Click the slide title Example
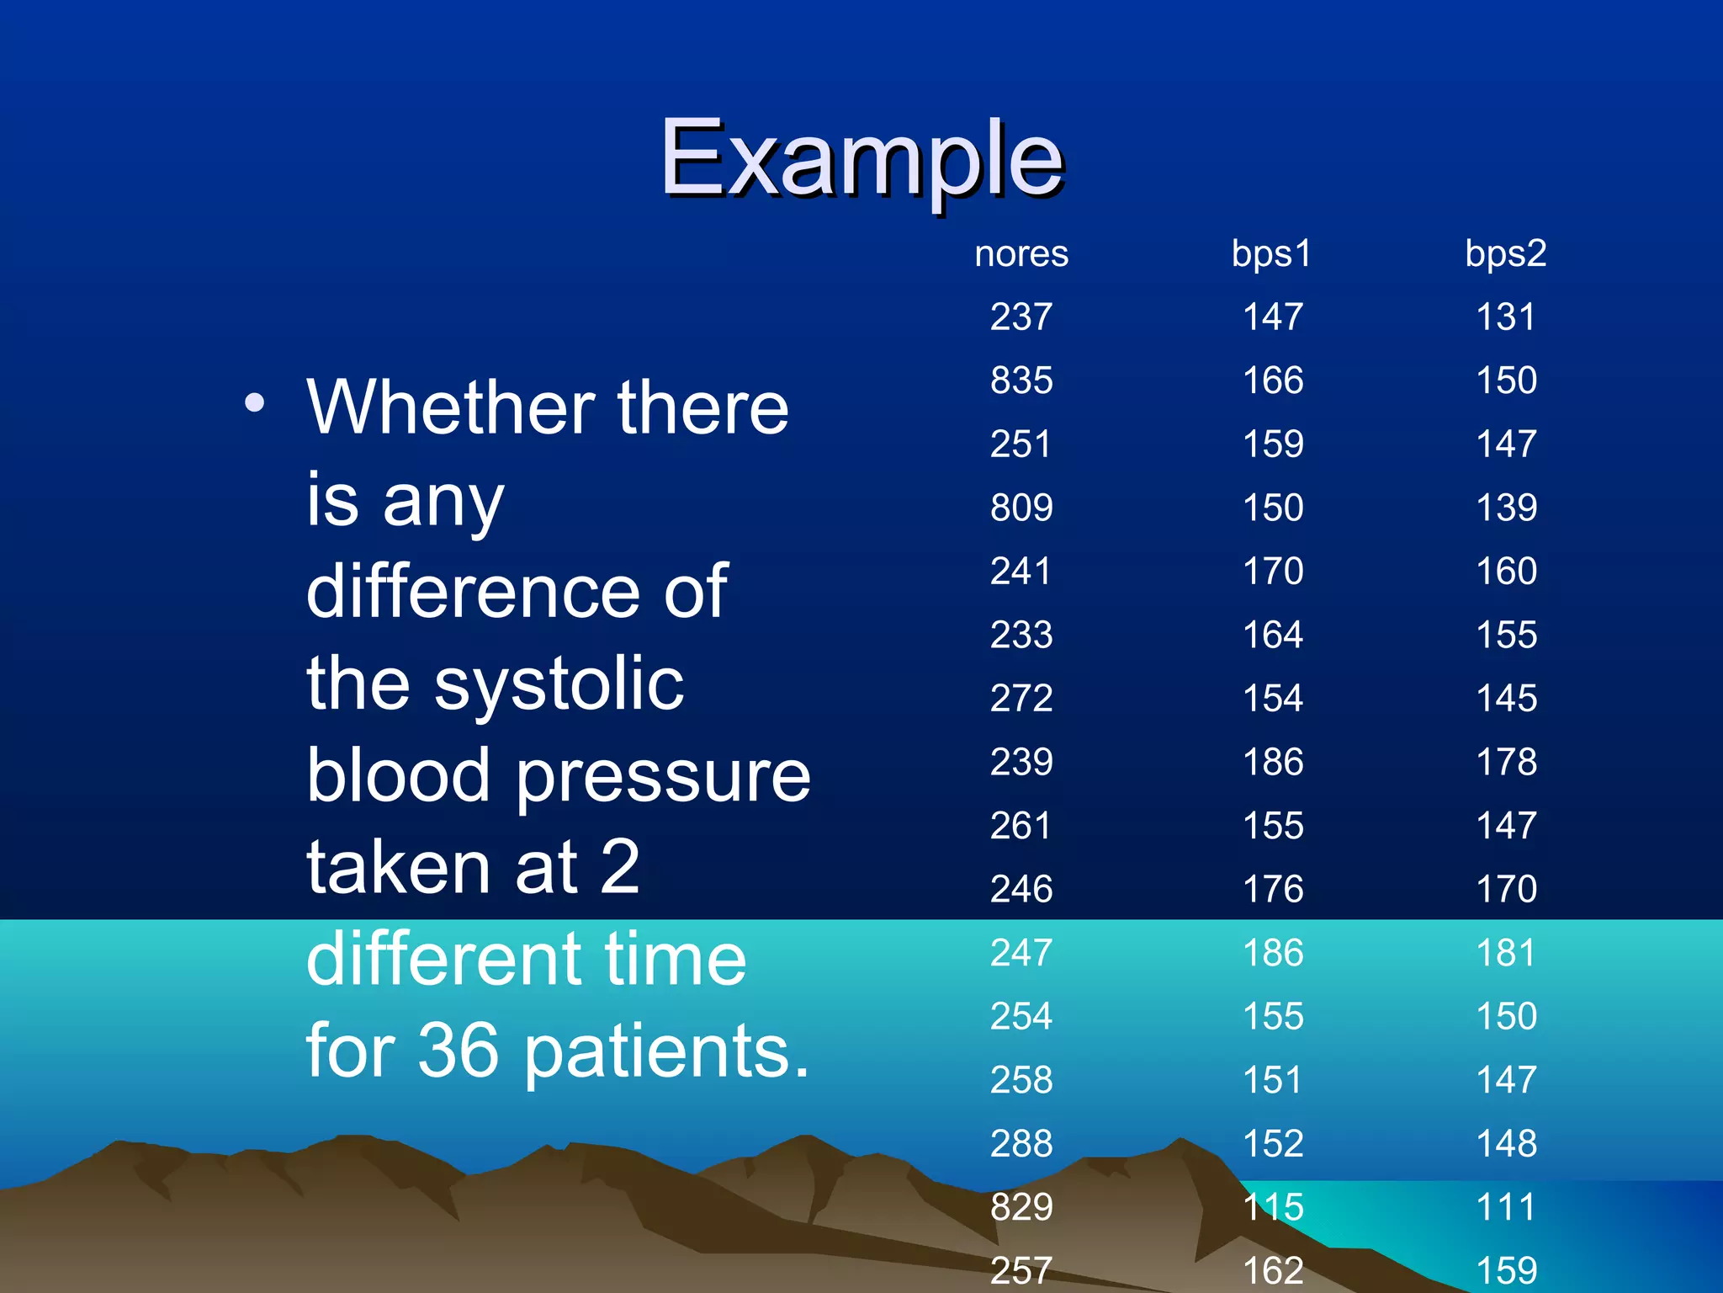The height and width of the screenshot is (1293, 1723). pyautogui.click(x=861, y=158)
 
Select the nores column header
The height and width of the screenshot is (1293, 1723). pyautogui.click(x=1021, y=254)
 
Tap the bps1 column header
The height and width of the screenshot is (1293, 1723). pyautogui.click(x=1271, y=254)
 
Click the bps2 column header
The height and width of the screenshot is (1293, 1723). pyautogui.click(x=1505, y=254)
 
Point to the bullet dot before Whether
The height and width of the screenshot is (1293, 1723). pyautogui.click(x=254, y=403)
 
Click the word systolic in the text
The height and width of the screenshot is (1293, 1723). pyautogui.click(x=559, y=684)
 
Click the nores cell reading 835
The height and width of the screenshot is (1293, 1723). pyautogui.click(x=1021, y=380)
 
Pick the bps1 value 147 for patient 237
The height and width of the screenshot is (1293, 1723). pyautogui.click(x=1273, y=317)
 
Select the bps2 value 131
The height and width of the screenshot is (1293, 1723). pyautogui.click(x=1505, y=317)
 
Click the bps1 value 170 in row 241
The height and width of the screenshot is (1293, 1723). pyautogui.click(x=1273, y=572)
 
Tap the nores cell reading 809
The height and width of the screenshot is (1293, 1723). pyautogui.click(x=1021, y=508)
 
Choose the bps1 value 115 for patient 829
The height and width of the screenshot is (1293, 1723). pyautogui.click(x=1273, y=1207)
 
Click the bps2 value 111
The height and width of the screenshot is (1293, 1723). pyautogui.click(x=1505, y=1207)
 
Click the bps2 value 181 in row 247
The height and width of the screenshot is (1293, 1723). pyautogui.click(x=1505, y=953)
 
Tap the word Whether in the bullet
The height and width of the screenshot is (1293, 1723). pyautogui.click(x=451, y=408)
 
